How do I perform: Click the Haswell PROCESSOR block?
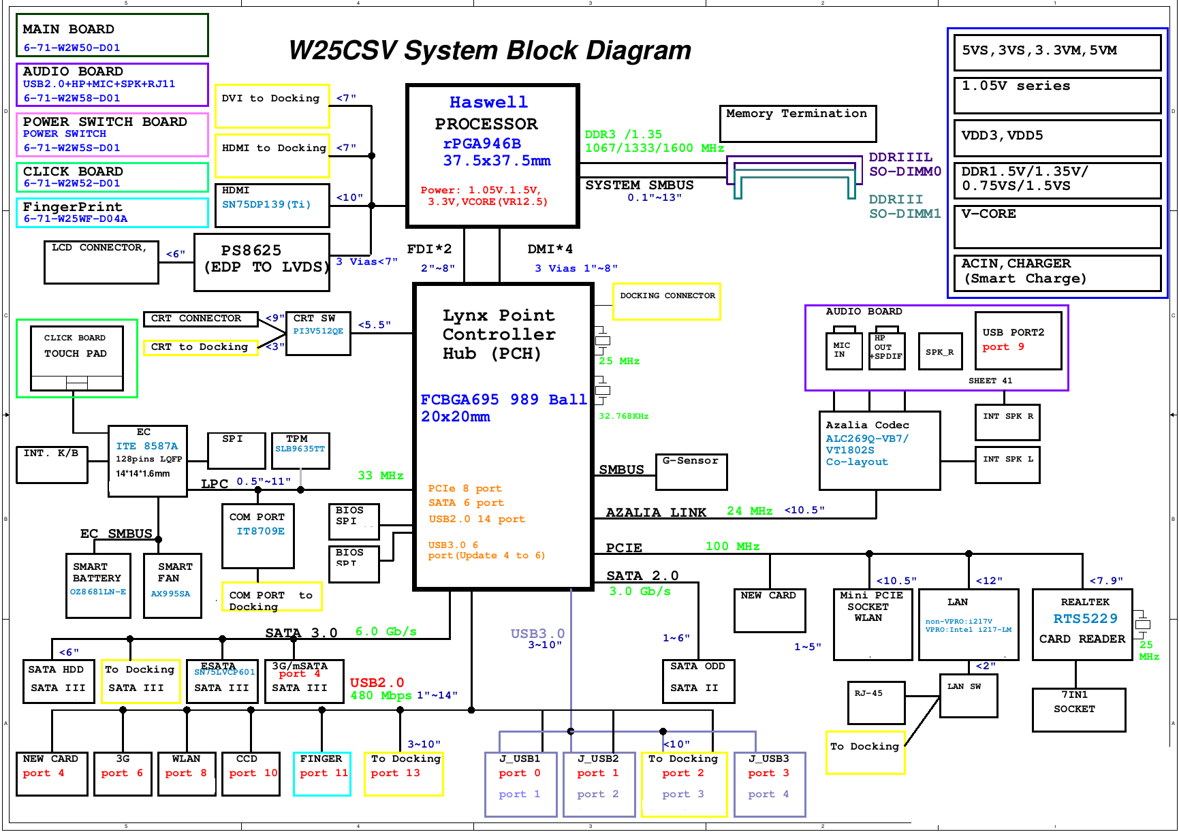[x=492, y=155]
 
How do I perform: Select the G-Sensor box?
[x=691, y=472]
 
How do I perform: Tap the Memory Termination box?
[x=798, y=123]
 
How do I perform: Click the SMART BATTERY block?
[x=98, y=585]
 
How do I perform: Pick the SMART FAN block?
[x=172, y=585]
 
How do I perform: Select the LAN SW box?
[x=968, y=695]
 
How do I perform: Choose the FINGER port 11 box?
[x=321, y=773]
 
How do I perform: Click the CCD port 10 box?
[x=251, y=773]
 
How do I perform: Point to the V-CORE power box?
[x=1057, y=227]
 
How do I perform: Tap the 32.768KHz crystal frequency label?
[x=623, y=416]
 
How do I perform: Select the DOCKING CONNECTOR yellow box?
[x=667, y=302]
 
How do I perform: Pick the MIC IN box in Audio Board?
[x=843, y=351]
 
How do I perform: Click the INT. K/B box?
[x=52, y=464]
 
